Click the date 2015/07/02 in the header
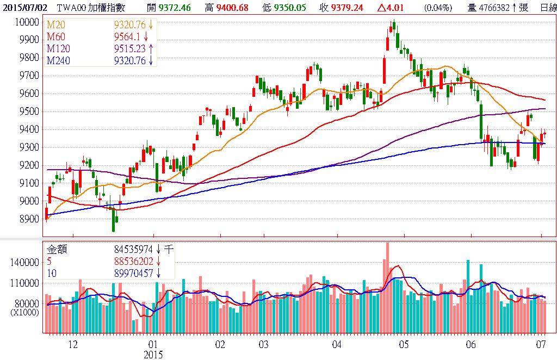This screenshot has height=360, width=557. pos(24,8)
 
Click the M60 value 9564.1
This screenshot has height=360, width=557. pos(128,37)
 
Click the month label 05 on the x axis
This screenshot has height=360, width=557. pos(404,345)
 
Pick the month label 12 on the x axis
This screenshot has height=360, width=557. pos(72,345)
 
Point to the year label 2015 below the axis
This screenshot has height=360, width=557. pos(153,354)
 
